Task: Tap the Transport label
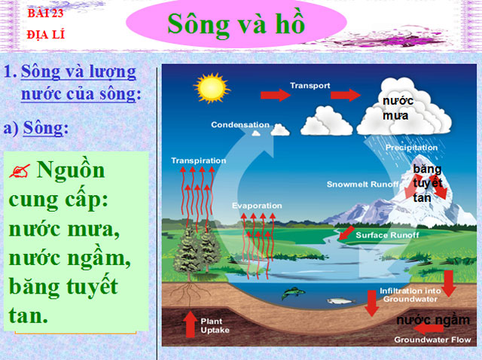pyautogui.click(x=310, y=85)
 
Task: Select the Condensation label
pyautogui.click(x=239, y=124)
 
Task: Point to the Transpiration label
pyautogui.click(x=198, y=160)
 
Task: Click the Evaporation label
pyautogui.click(x=256, y=206)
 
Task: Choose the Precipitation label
pyautogui.click(x=411, y=148)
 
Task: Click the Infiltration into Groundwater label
pyautogui.click(x=411, y=294)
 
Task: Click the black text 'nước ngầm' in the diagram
pyautogui.click(x=432, y=320)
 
